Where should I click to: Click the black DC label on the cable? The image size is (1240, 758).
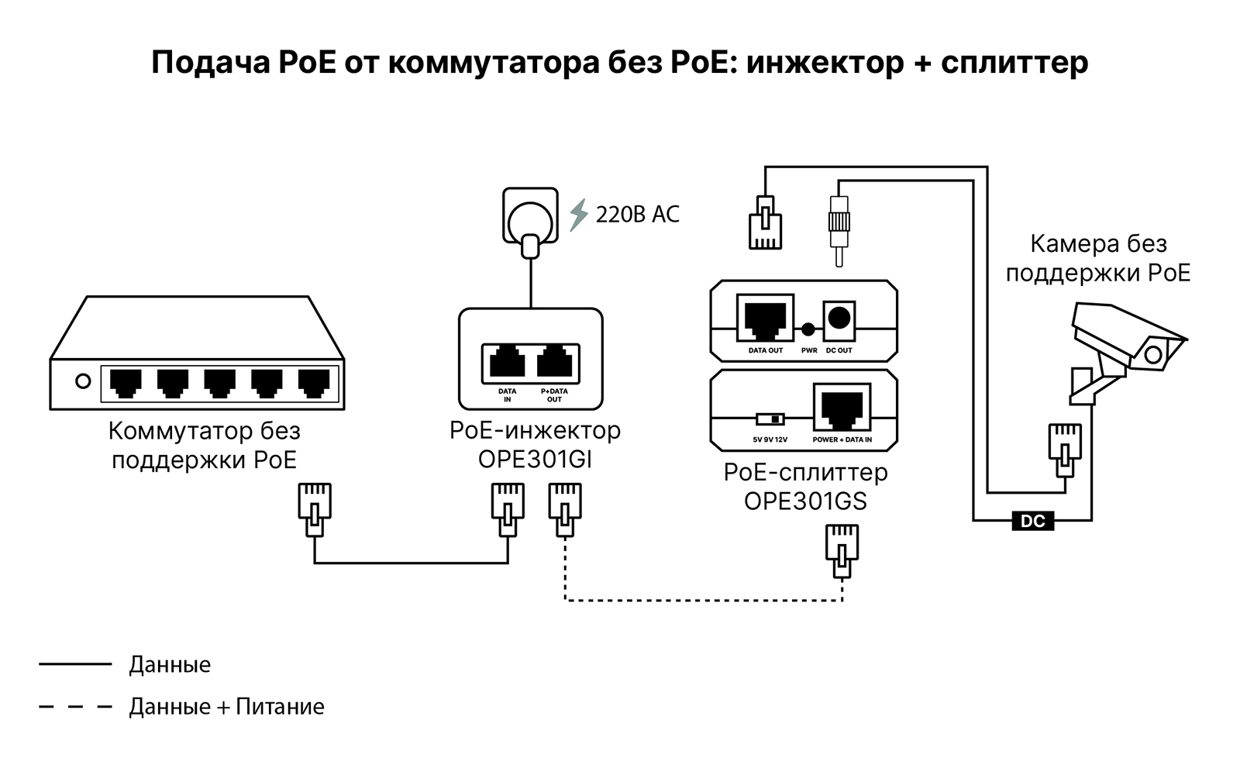[x=1033, y=521]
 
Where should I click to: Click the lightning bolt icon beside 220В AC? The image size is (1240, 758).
[x=577, y=215]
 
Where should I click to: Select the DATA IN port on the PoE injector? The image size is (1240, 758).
[x=507, y=363]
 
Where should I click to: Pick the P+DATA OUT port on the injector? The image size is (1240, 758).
[x=555, y=363]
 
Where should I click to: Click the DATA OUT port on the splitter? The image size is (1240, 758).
[x=765, y=318]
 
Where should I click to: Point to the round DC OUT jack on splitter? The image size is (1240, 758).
[x=839, y=318]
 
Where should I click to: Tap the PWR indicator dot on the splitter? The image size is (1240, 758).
[x=808, y=329]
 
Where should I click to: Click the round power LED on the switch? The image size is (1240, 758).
[x=83, y=381]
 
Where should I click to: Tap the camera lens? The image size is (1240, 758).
[x=1153, y=354]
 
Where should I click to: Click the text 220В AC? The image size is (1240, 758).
[x=637, y=215]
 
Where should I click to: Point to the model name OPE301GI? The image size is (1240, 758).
[x=535, y=460]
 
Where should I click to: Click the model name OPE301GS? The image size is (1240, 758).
[x=805, y=501]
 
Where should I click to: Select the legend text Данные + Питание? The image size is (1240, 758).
[x=226, y=707]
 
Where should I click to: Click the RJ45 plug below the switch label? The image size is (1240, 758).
[x=315, y=509]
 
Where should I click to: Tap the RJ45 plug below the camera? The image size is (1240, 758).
[x=1065, y=450]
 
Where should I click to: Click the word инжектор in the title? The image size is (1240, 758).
[x=825, y=63]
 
